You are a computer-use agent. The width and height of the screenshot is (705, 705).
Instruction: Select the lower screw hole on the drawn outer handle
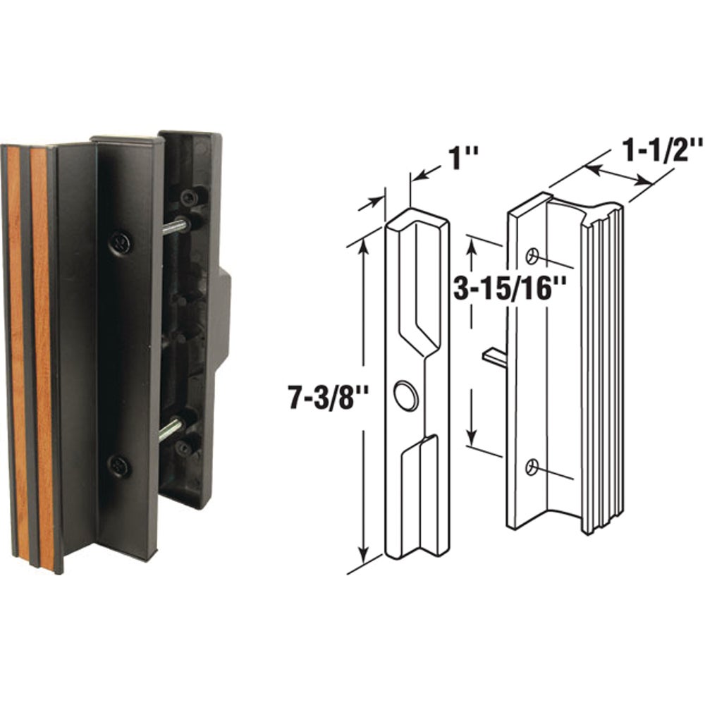[x=533, y=465]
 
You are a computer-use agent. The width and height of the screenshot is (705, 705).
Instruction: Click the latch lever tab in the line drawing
[x=495, y=357]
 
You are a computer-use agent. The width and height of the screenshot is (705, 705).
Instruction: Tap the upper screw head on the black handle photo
[x=121, y=243]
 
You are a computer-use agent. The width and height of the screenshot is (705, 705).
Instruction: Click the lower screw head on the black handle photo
[x=118, y=465]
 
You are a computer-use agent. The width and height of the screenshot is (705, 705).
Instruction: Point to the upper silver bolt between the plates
[x=176, y=226]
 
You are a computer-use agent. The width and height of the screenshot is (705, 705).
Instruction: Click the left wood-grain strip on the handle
[x=17, y=345]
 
